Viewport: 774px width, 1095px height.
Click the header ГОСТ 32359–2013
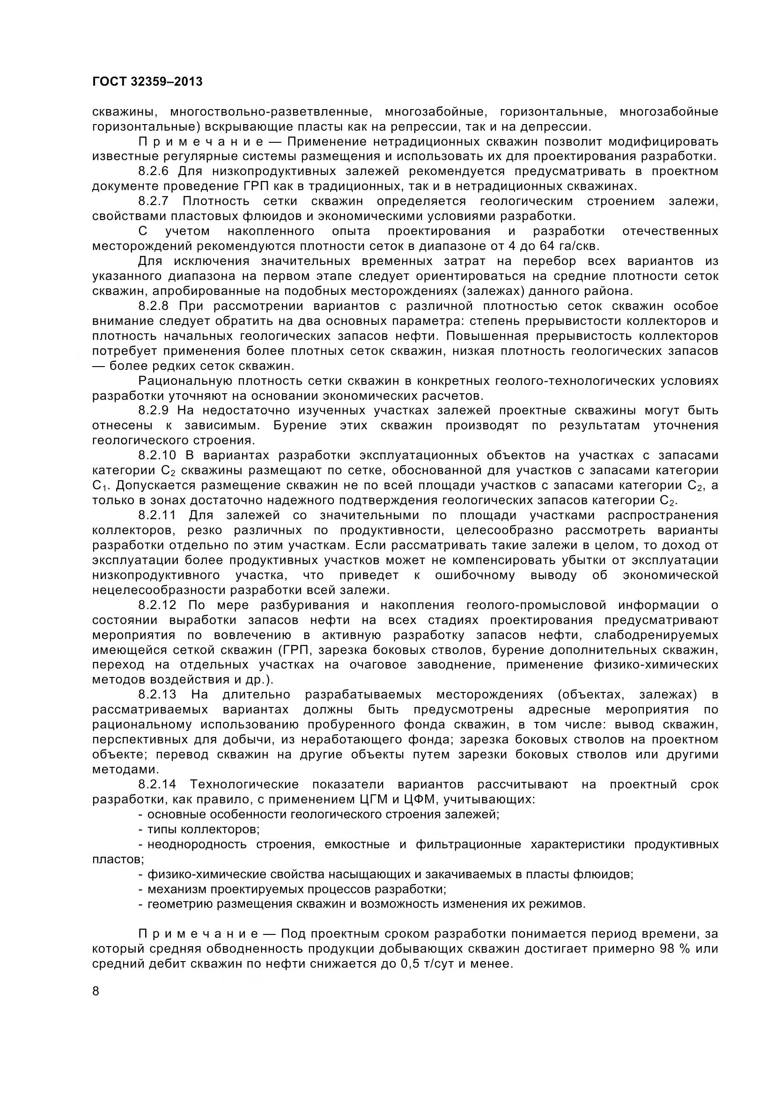click(147, 82)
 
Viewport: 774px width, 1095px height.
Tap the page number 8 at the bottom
click(96, 992)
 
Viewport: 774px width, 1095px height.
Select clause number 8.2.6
click(157, 171)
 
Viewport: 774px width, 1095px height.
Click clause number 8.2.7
click(157, 201)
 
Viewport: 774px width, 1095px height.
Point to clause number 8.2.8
click(157, 306)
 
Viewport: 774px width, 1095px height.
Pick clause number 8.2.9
click(157, 410)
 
